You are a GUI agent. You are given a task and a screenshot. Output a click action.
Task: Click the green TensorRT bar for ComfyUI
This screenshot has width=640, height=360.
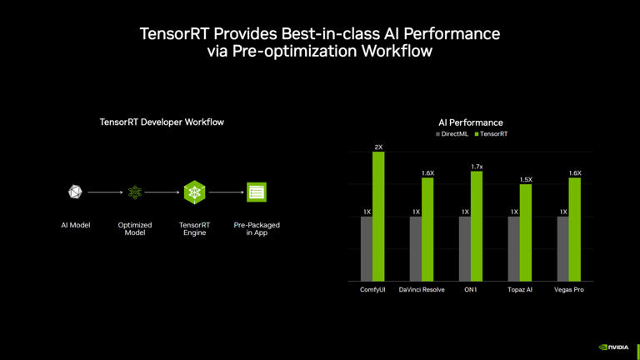pyautogui.click(x=378, y=216)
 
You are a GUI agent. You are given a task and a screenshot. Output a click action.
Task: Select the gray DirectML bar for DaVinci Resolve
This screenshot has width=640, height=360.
pyautogui.click(x=416, y=248)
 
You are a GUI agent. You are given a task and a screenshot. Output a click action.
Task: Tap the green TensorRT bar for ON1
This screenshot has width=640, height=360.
pyautogui.click(x=477, y=226)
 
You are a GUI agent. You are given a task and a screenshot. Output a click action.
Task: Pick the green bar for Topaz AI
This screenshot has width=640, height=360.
pyautogui.click(x=526, y=232)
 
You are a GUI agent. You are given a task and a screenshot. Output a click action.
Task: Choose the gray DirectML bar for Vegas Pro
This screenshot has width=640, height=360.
pyautogui.click(x=563, y=248)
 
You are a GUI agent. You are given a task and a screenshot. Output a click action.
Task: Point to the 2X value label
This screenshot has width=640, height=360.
pyautogui.click(x=378, y=147)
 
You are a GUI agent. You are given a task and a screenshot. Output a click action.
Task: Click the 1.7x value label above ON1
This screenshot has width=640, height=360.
pyautogui.click(x=477, y=167)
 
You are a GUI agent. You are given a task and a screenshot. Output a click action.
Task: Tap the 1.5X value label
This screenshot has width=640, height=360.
pyautogui.click(x=526, y=179)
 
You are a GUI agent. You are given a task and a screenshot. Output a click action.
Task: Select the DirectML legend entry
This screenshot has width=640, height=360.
pyautogui.click(x=452, y=134)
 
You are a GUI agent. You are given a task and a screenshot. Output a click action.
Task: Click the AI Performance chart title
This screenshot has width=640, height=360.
pyautogui.click(x=471, y=122)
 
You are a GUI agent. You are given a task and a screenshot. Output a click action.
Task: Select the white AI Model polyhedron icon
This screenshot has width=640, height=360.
pyautogui.click(x=75, y=192)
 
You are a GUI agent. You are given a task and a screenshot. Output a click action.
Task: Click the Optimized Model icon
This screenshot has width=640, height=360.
pyautogui.click(x=135, y=192)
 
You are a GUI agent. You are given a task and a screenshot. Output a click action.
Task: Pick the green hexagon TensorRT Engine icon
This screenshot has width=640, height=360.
pyautogui.click(x=195, y=192)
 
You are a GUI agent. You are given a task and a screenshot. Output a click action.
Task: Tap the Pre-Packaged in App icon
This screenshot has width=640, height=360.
pyautogui.click(x=257, y=192)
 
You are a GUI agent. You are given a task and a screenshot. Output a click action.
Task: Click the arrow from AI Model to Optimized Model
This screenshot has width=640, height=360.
pyautogui.click(x=105, y=192)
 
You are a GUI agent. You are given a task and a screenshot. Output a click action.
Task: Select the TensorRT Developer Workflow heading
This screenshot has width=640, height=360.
pyautogui.click(x=162, y=122)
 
